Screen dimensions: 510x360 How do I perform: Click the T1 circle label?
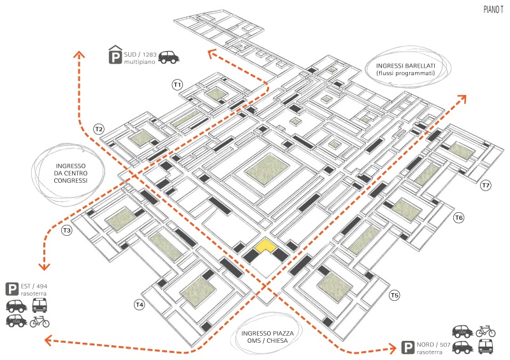coord(177,85)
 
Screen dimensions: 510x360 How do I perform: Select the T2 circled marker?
coord(99,129)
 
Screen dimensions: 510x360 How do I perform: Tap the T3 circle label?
coord(67,231)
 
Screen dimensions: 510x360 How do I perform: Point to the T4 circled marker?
coord(139,305)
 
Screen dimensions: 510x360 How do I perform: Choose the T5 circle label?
coord(395,295)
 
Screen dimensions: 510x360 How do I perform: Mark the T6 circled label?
coord(459,217)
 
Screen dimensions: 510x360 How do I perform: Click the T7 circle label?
coord(486,185)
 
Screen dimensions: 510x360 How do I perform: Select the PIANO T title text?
coord(493,10)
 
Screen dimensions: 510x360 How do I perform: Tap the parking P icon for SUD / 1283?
coord(115,55)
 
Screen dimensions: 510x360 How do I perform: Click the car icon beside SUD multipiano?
coord(169,57)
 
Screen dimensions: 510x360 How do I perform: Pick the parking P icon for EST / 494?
coord(12,289)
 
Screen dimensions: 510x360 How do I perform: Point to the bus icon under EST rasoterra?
coord(40,305)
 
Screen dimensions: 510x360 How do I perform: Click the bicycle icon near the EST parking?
coord(40,322)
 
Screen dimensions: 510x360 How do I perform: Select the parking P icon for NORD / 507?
coord(407,347)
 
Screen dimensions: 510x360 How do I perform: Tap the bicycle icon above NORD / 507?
coord(486,331)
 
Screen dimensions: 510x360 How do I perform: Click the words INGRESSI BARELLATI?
coord(405,66)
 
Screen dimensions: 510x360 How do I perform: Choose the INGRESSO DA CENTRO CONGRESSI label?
coord(71,173)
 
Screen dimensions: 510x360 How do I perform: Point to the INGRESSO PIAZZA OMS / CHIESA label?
coord(267,337)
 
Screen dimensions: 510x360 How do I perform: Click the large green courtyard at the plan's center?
coord(267,170)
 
